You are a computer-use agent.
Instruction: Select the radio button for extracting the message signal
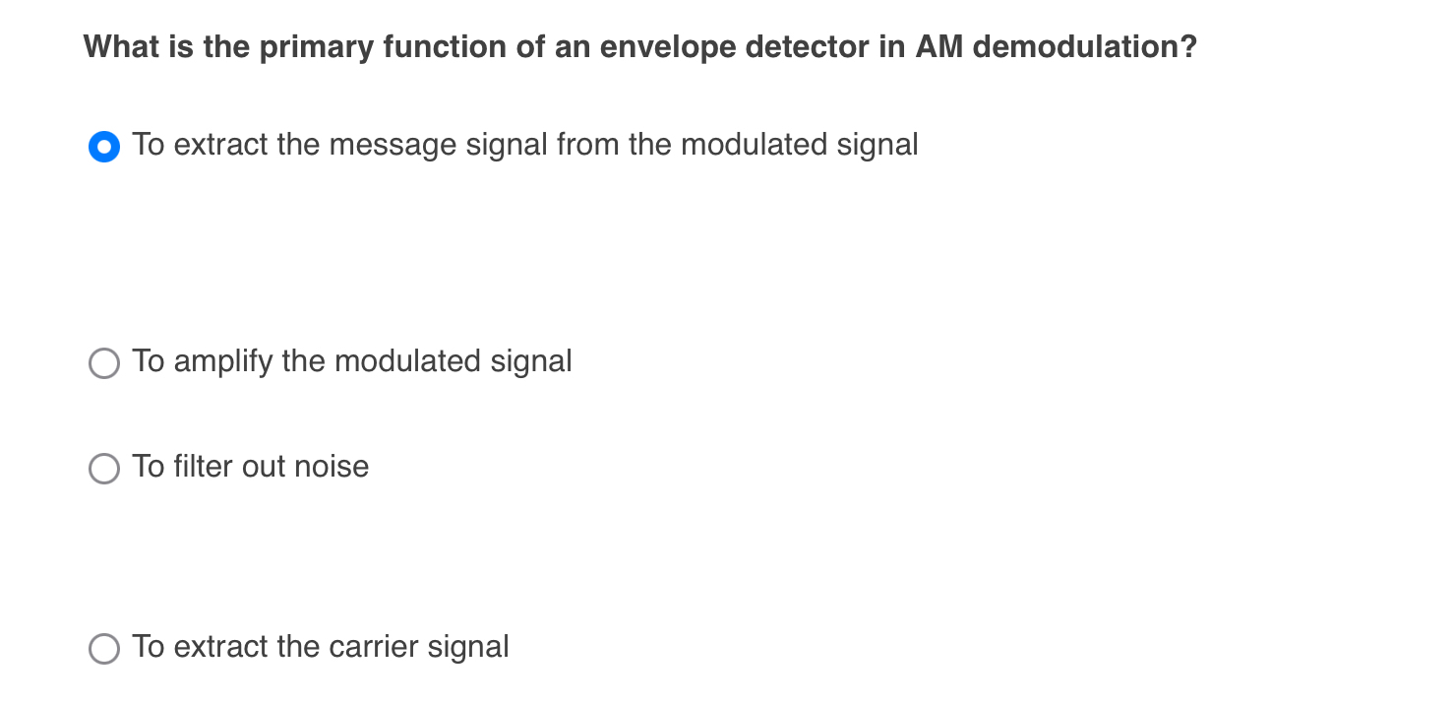(104, 147)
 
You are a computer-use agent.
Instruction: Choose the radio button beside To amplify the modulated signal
(104, 363)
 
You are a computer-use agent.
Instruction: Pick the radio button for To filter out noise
(104, 468)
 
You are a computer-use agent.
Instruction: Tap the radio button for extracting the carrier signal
(104, 649)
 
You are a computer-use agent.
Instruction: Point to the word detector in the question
(808, 47)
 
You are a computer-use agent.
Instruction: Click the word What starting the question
(120, 47)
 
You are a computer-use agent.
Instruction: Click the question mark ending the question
(1189, 47)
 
